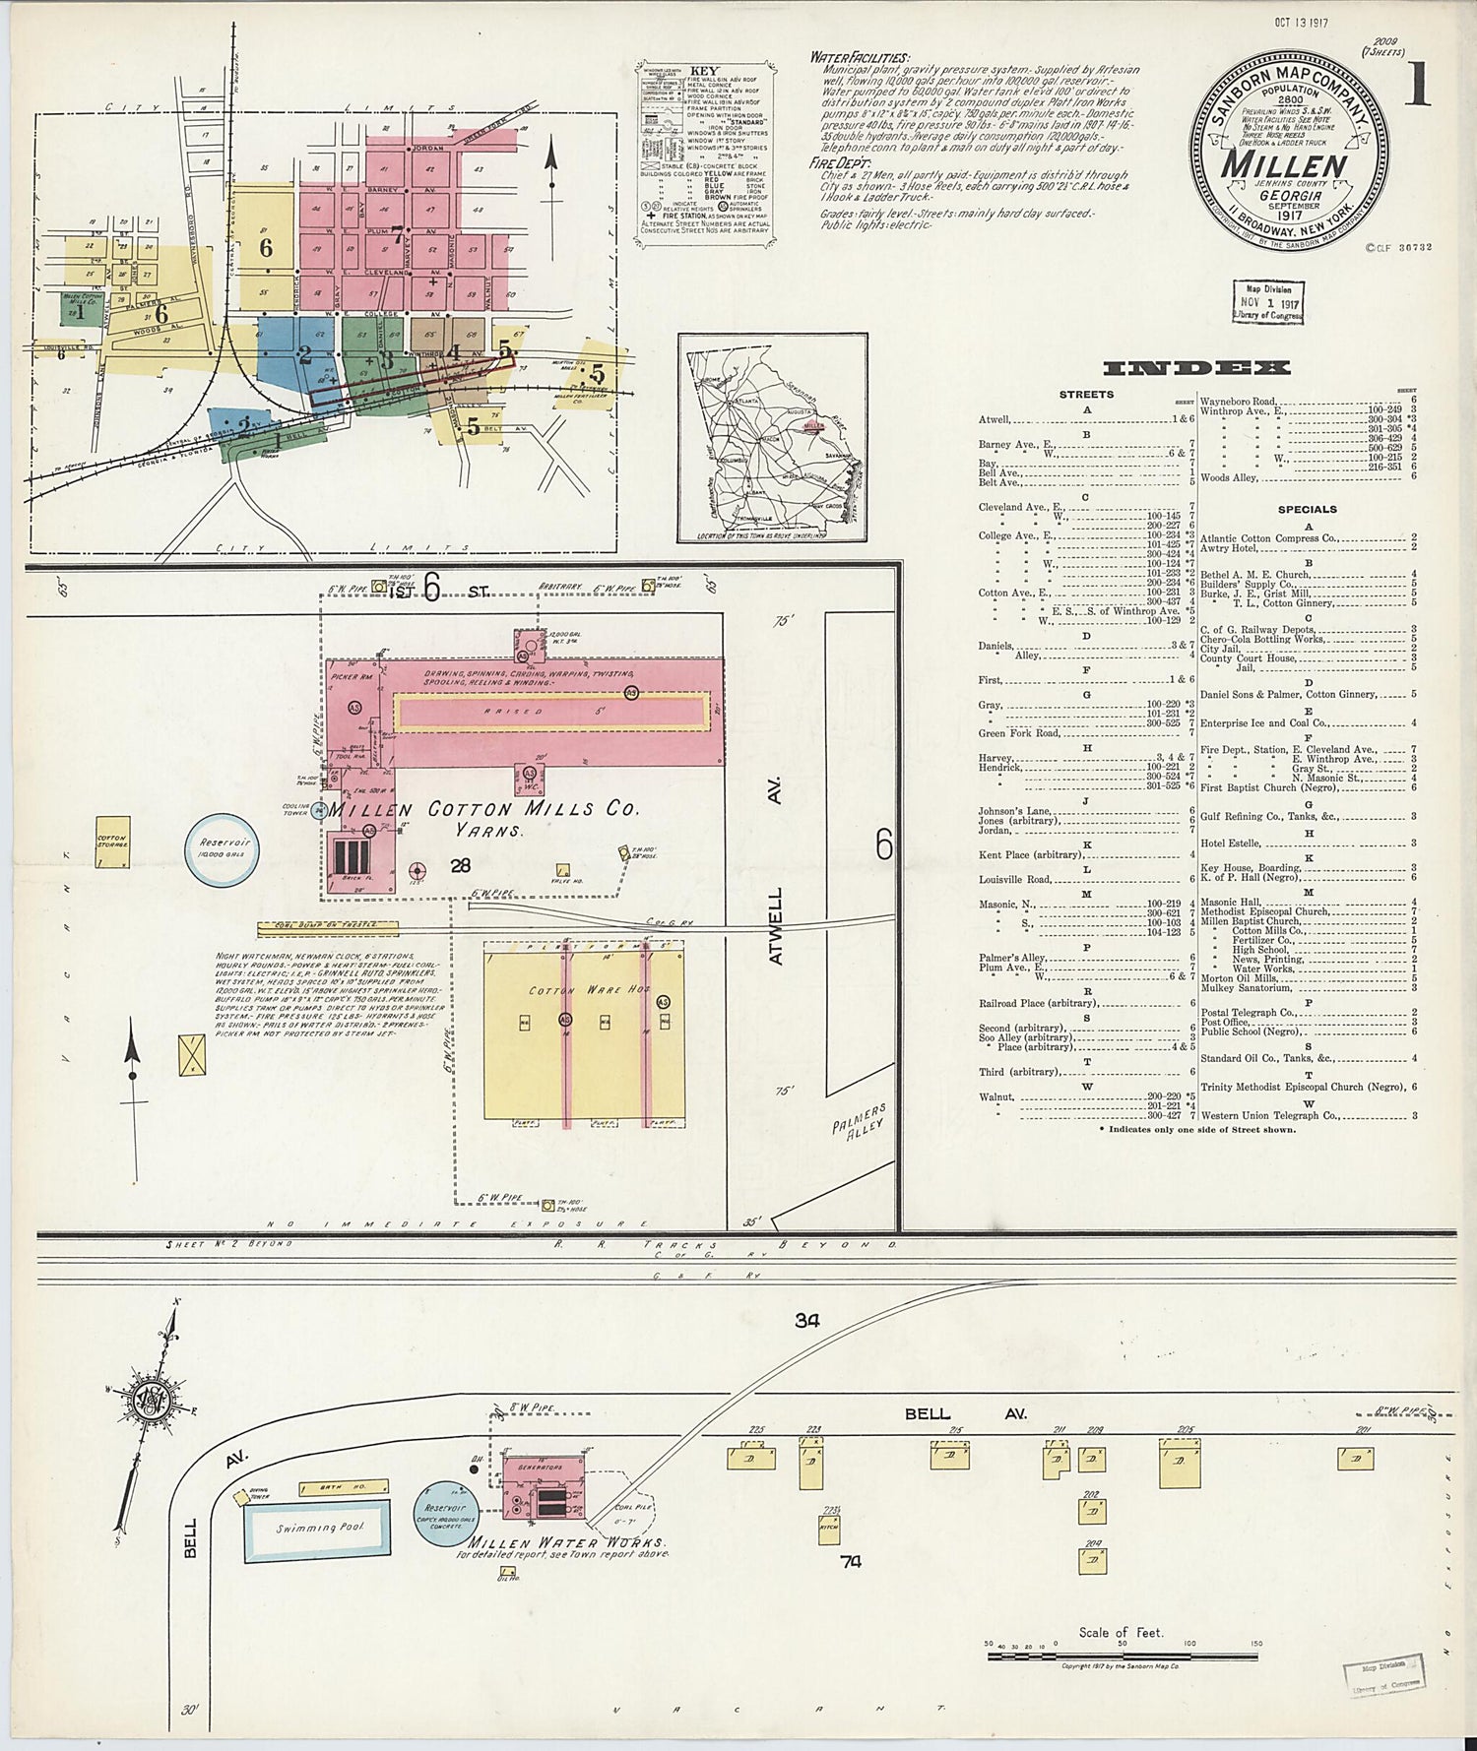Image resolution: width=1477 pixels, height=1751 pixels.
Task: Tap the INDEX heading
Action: pyautogui.click(x=1195, y=368)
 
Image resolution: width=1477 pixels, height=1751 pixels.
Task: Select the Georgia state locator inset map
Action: pyautogui.click(x=771, y=437)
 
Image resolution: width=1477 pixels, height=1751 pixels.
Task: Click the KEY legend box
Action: pyautogui.click(x=703, y=153)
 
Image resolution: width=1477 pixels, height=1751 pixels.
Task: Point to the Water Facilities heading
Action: pyautogui.click(x=859, y=58)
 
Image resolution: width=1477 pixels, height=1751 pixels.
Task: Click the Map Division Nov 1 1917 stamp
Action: pyautogui.click(x=1267, y=302)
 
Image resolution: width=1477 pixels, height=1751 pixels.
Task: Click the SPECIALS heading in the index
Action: pyautogui.click(x=1307, y=510)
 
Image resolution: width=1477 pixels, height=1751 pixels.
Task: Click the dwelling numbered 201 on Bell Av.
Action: pyautogui.click(x=1355, y=1458)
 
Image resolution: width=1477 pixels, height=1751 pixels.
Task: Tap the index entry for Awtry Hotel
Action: pyautogui.click(x=1231, y=548)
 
